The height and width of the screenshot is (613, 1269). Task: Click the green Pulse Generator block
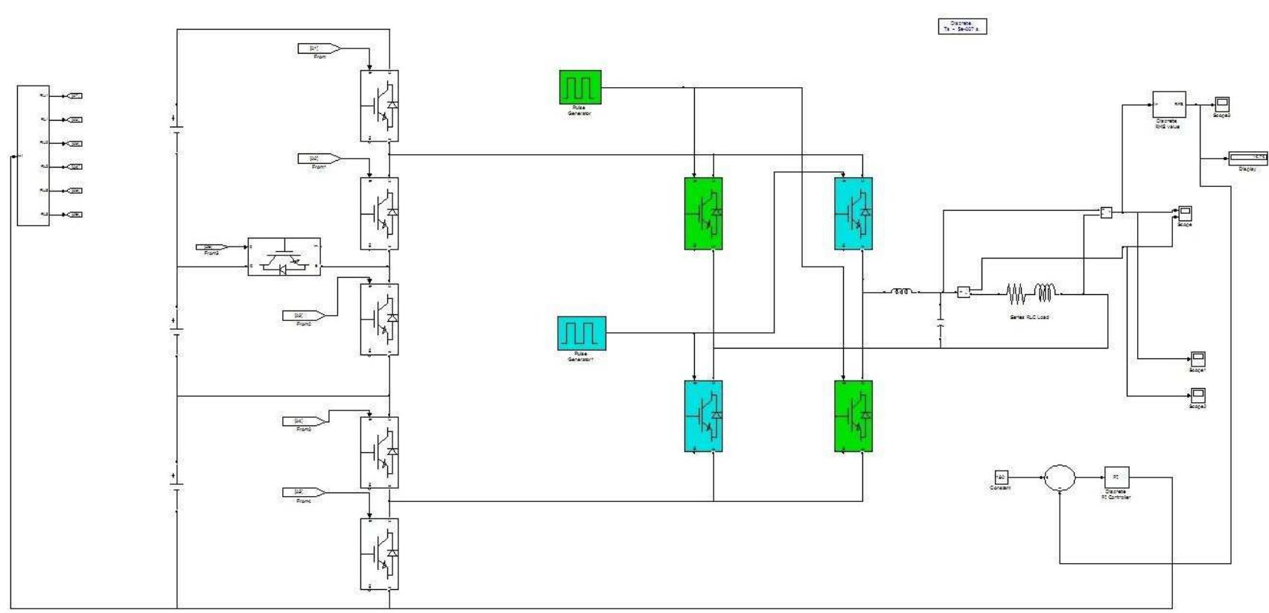pyautogui.click(x=580, y=87)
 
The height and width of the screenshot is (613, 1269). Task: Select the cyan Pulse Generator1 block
pyautogui.click(x=582, y=333)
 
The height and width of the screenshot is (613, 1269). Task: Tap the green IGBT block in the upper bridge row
pyautogui.click(x=704, y=213)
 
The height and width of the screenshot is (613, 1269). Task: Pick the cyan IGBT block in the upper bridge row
pyautogui.click(x=853, y=213)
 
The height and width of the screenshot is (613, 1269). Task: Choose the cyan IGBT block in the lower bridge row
pyautogui.click(x=704, y=416)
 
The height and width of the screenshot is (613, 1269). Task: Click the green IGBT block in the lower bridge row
pyautogui.click(x=853, y=416)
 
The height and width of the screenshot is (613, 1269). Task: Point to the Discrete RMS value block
pyautogui.click(x=1168, y=104)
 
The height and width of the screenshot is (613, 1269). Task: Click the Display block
pyautogui.click(x=1247, y=158)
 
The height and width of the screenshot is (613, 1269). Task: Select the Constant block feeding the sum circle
pyautogui.click(x=1001, y=477)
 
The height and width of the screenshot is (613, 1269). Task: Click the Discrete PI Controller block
pyautogui.click(x=1116, y=477)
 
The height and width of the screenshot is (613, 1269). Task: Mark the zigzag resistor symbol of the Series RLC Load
pyautogui.click(x=1017, y=293)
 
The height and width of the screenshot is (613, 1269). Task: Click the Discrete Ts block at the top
pyautogui.click(x=962, y=26)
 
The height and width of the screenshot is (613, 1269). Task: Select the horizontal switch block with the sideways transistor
pyautogui.click(x=284, y=257)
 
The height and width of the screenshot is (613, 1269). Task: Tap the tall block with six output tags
pyautogui.click(x=33, y=155)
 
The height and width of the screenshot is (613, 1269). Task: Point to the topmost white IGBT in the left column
pyautogui.click(x=379, y=106)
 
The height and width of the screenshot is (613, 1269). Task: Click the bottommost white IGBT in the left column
pyautogui.click(x=379, y=554)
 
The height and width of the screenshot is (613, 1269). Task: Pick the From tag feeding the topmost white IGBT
pyautogui.click(x=319, y=48)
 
